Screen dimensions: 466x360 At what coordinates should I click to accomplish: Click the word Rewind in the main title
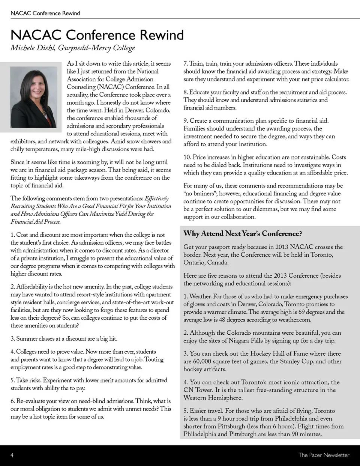click(x=162, y=35)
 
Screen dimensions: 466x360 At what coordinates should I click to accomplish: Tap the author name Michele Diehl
click(x=33, y=48)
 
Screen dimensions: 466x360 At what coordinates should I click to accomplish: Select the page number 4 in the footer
click(x=12, y=455)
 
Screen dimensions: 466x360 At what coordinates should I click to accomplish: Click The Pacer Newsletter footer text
click(x=324, y=455)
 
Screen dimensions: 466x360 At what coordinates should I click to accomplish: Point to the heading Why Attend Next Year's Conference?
click(x=242, y=233)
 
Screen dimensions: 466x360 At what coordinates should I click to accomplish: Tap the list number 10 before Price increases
click(x=187, y=157)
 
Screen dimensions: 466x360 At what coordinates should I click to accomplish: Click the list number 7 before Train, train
click(x=185, y=64)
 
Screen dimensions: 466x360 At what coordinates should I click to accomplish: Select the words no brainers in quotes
click(x=201, y=194)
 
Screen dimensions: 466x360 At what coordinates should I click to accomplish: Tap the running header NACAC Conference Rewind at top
click(x=45, y=13)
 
